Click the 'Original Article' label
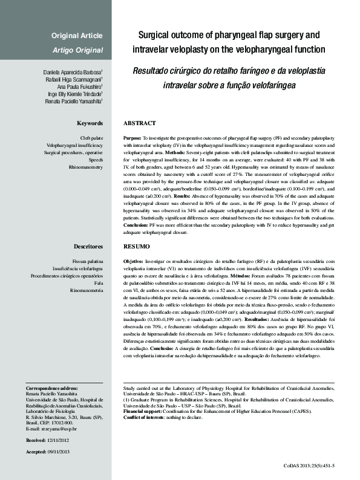point(77,36)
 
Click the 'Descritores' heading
point(88,247)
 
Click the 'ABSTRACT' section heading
point(139,123)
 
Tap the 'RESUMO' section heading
point(136,247)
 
